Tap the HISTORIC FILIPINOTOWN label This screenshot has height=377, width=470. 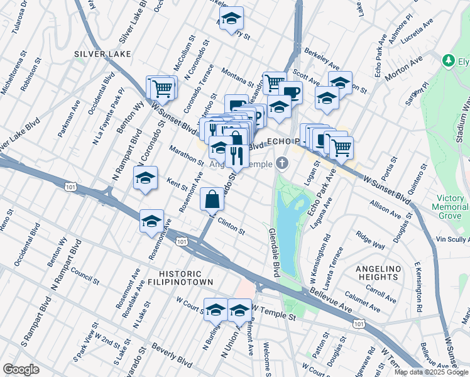pos(180,278)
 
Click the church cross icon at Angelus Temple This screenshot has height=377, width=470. pos(283,164)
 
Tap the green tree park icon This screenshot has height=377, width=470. pos(449,61)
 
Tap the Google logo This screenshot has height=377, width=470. pos(21,369)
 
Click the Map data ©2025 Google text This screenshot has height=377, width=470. pos(431,372)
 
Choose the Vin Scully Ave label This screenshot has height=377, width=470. pos(449,239)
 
